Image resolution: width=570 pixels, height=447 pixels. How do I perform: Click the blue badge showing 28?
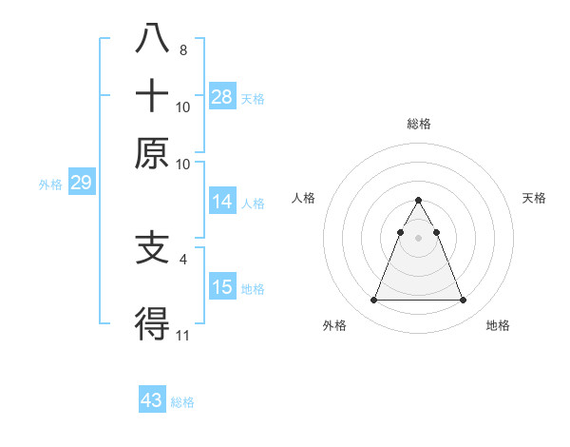coord(222,96)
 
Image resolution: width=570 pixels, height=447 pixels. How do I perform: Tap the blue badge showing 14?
coord(222,201)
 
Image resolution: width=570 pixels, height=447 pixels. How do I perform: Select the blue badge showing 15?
coord(222,286)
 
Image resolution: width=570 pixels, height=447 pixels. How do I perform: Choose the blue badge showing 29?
coord(81,183)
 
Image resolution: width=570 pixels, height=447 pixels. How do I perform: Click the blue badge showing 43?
coord(152,400)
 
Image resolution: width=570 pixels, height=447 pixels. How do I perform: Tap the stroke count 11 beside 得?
coord(183,336)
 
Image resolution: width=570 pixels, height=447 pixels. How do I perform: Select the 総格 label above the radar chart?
coord(418,124)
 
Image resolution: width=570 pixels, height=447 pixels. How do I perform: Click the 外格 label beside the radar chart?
coord(334,325)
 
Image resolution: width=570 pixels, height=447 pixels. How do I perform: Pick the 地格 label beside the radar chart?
coord(498,325)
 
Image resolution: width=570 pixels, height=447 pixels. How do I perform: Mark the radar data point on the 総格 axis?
coord(418,201)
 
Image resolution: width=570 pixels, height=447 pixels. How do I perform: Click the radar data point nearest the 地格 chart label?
coord(463,301)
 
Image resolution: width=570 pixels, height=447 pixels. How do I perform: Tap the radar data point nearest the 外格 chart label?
coord(373,301)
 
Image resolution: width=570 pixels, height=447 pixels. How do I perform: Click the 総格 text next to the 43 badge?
coord(182,402)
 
